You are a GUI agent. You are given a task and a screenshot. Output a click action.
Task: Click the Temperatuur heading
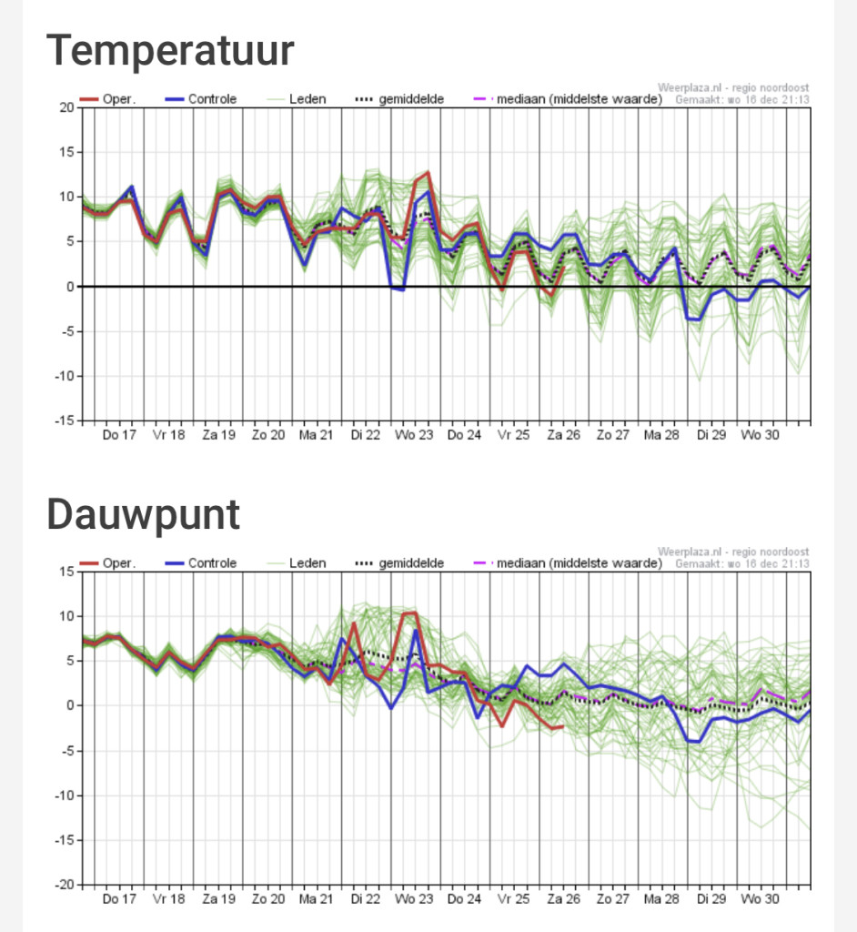point(170,52)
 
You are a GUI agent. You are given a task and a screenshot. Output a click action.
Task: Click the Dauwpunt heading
point(143,516)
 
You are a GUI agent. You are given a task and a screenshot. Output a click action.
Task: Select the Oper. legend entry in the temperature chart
point(107,99)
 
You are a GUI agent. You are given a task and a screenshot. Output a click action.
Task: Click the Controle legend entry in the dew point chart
point(201,563)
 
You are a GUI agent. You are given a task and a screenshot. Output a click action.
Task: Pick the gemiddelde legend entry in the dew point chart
point(399,563)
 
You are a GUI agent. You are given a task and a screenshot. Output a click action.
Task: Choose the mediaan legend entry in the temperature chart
point(568,99)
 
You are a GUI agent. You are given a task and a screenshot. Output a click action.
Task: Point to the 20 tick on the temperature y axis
point(66,107)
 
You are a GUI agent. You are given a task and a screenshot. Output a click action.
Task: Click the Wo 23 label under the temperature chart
point(414,435)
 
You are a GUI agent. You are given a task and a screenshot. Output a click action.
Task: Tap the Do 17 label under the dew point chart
point(119,899)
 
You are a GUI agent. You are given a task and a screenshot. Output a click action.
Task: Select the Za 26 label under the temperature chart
point(563,435)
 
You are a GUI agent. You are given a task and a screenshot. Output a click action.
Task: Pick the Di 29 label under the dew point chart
point(711,899)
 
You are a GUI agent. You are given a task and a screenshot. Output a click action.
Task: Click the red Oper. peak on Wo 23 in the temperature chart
point(428,172)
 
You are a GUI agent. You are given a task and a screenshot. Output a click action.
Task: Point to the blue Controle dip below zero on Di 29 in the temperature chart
point(694,319)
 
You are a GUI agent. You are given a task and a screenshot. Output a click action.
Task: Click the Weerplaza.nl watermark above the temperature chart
point(733,88)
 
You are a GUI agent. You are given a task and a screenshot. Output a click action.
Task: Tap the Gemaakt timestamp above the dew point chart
point(742,563)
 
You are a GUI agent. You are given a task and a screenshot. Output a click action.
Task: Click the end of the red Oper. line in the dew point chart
point(563,727)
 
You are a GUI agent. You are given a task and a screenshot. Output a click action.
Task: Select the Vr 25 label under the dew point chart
point(513,899)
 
